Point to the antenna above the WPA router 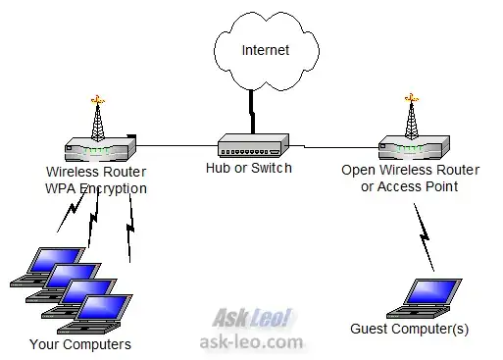98,116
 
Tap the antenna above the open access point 410,116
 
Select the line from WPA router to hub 176,146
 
